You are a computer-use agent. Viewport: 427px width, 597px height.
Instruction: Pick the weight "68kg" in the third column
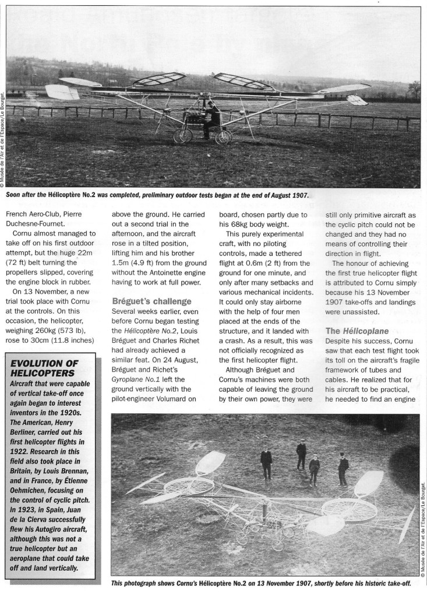pyautogui.click(x=241, y=222)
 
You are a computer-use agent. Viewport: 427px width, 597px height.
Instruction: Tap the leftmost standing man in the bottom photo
pyautogui.click(x=266, y=463)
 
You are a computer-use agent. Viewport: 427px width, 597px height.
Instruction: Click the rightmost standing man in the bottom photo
pyautogui.click(x=343, y=470)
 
